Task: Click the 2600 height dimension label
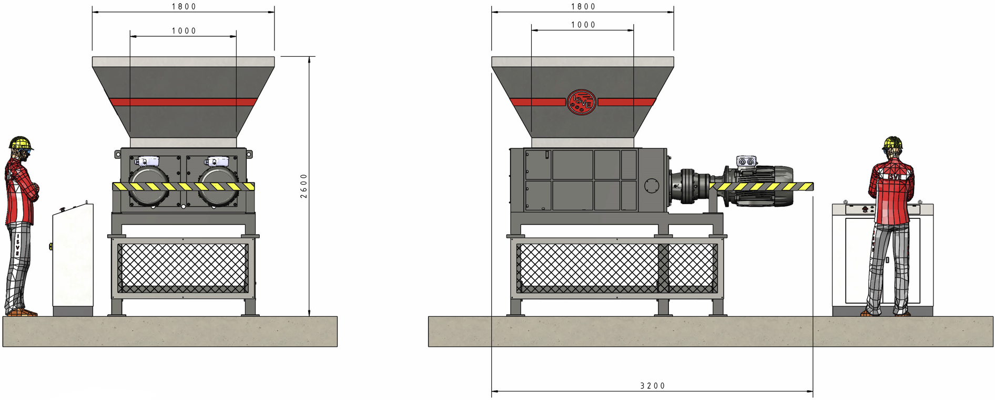coord(304,186)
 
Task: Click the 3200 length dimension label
coord(653,386)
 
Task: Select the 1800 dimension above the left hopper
coord(184,7)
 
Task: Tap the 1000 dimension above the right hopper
coord(583,25)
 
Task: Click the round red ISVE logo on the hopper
coord(581,102)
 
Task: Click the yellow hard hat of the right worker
coord(892,143)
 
